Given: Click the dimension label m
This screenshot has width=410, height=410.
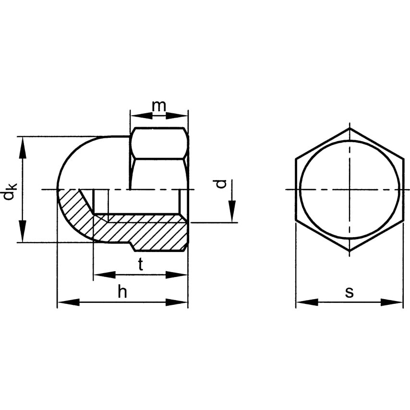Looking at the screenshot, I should click(159, 106).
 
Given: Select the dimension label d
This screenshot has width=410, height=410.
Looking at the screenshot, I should click(220, 184).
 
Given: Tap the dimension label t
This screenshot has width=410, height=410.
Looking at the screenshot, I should click(141, 265).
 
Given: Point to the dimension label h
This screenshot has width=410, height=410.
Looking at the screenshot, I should click(122, 292).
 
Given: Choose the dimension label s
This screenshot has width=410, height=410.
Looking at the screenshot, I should click(349, 292).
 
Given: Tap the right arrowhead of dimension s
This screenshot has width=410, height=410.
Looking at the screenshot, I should click(392, 302).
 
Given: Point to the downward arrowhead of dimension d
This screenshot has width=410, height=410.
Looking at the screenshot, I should click(232, 211).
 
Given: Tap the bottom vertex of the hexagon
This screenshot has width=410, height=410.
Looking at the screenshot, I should click(350, 251).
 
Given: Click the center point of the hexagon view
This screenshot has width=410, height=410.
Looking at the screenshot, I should click(350, 189).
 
